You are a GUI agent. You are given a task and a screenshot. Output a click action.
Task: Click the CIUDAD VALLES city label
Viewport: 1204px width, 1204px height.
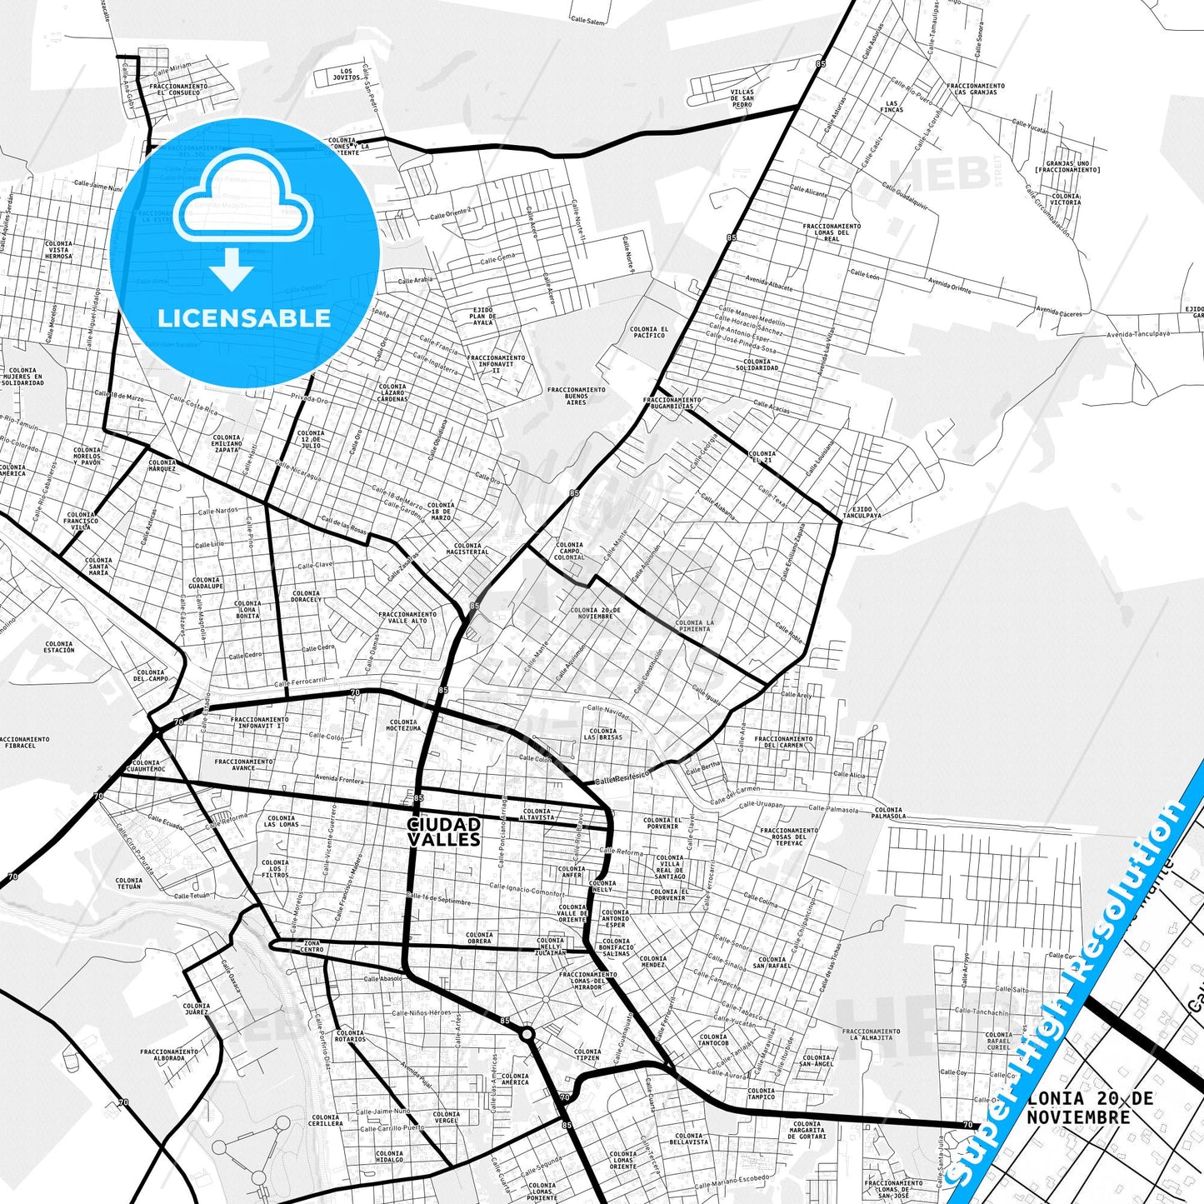444,832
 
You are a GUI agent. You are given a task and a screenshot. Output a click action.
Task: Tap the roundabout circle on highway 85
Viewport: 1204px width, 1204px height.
527,1034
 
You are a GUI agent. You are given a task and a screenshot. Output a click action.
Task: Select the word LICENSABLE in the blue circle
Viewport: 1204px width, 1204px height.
244,318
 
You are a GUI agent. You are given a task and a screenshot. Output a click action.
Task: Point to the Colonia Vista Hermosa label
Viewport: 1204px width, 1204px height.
58,250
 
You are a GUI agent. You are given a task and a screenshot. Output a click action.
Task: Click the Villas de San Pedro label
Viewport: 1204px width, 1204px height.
742,98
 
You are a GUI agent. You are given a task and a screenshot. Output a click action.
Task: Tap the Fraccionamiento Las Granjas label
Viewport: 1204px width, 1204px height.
976,88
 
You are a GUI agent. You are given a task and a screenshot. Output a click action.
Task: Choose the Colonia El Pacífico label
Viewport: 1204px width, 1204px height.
649,332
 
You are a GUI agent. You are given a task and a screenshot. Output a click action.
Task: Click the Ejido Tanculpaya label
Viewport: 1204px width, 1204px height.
862,512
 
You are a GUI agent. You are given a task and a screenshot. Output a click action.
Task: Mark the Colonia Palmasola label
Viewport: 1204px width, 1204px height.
888,812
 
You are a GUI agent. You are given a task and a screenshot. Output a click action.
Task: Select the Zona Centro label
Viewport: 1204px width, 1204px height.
312,947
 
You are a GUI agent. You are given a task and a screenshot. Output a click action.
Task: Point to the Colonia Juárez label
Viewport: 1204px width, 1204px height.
197,1009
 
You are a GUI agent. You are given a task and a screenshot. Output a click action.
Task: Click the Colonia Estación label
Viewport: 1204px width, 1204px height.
59,647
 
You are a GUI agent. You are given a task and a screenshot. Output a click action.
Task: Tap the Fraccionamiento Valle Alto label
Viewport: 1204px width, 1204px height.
407,617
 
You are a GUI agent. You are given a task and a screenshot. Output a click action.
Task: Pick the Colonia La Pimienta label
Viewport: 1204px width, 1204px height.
694,626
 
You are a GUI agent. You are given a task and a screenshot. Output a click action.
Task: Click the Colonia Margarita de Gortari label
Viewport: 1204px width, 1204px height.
807,1130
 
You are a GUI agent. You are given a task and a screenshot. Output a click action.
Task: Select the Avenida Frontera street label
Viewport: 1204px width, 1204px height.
339,780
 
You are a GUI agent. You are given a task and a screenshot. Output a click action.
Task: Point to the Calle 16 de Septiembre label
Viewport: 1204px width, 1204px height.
439,899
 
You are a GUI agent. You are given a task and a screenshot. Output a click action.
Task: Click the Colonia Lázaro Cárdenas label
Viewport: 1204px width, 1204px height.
392,392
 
